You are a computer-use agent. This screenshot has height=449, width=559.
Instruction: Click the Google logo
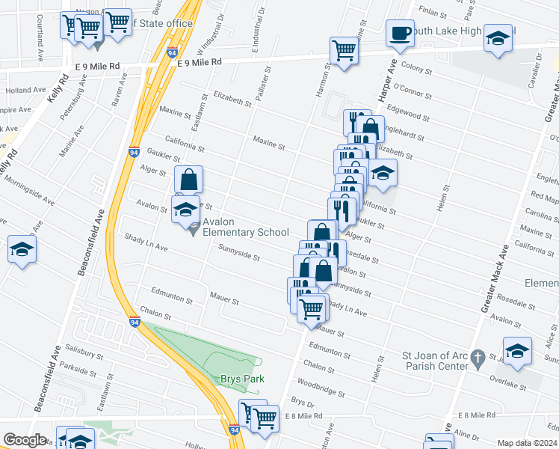25,440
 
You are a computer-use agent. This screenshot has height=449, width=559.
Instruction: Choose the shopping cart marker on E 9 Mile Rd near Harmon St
344,51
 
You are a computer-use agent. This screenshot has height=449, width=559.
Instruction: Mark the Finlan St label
433,12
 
